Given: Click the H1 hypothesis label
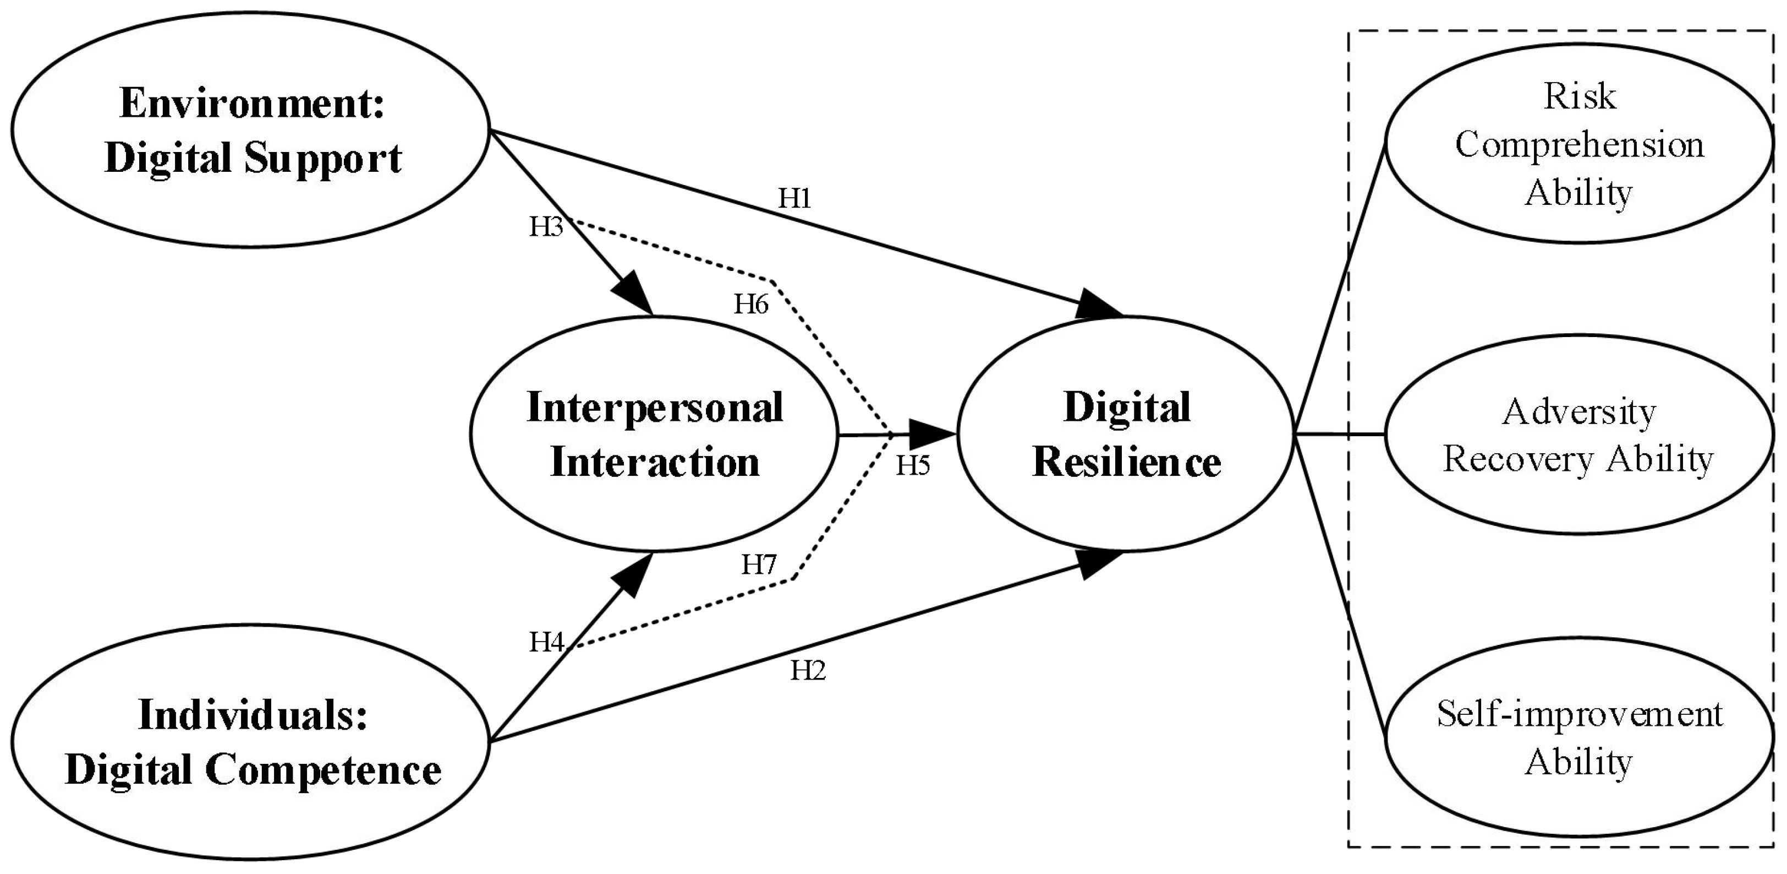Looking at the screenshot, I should click(x=794, y=199).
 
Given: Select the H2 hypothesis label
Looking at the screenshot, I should click(x=808, y=671).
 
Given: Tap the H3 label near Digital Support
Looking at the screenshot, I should click(x=546, y=226).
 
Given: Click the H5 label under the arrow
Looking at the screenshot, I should click(x=912, y=465).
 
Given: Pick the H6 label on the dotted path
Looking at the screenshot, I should click(x=752, y=304).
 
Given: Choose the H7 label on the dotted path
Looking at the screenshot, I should click(x=759, y=564).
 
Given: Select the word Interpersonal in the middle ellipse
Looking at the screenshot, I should click(x=655, y=408).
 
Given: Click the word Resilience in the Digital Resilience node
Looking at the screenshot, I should click(x=1127, y=463).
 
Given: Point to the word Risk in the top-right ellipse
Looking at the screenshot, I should click(x=1580, y=96).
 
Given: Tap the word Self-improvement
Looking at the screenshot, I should click(x=1580, y=714).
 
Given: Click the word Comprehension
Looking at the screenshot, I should click(x=1580, y=144).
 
